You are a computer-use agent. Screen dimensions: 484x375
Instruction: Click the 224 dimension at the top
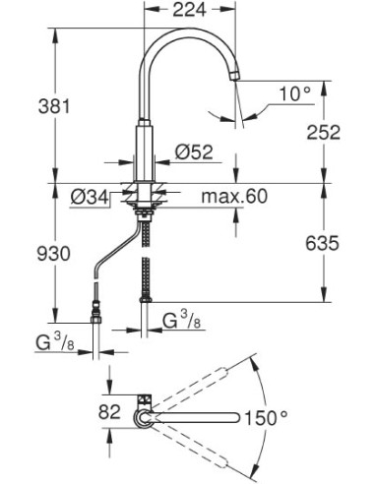point(190,11)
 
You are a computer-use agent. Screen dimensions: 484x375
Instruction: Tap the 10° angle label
point(294,95)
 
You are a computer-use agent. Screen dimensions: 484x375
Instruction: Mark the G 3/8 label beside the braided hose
point(183,320)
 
